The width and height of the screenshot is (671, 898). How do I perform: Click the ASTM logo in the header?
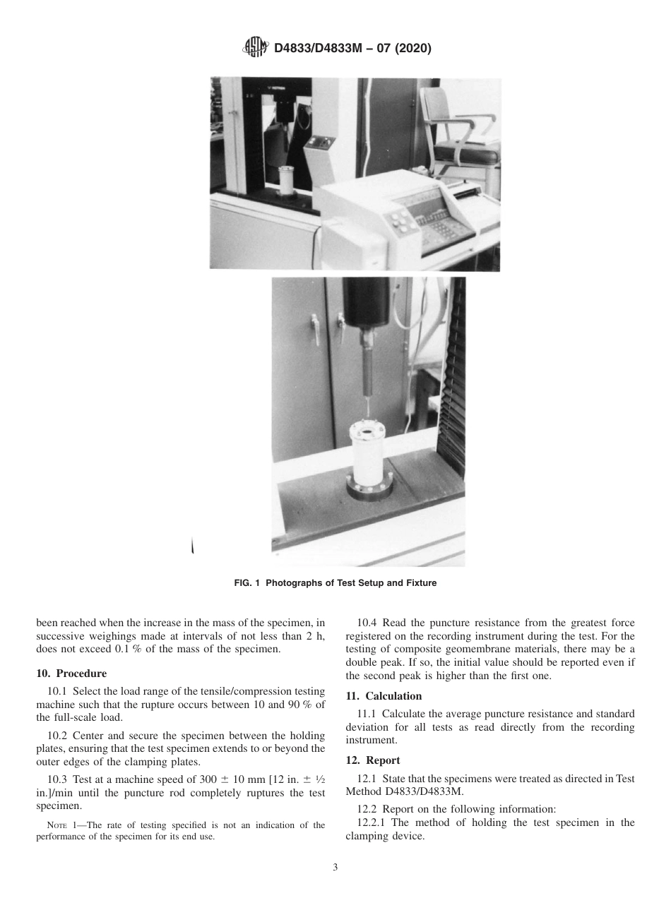(254, 48)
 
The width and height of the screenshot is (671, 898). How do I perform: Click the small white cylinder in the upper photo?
(287, 181)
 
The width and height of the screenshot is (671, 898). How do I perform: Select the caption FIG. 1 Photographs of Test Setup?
(335, 583)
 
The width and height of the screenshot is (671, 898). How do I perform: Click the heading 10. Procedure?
(71, 673)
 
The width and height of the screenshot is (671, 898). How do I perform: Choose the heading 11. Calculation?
(384, 696)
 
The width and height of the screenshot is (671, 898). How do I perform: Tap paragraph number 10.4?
(368, 623)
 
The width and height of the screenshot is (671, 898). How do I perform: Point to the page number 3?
(335, 868)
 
